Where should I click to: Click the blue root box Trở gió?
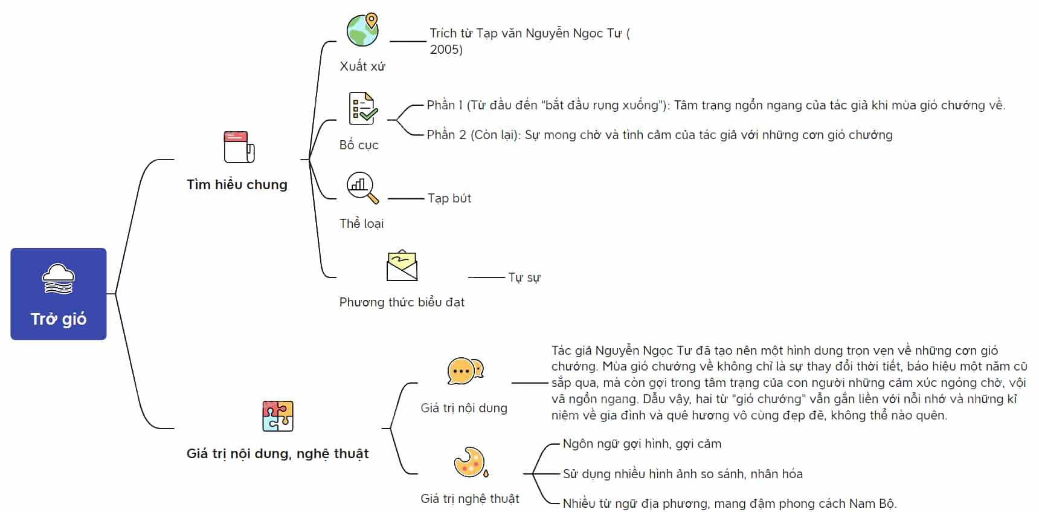(x=59, y=294)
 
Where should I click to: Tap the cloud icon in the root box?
(x=59, y=279)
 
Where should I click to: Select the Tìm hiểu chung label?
(x=237, y=184)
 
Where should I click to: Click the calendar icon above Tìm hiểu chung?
(x=239, y=147)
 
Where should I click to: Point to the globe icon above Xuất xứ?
(x=362, y=30)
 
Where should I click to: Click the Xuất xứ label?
(x=362, y=66)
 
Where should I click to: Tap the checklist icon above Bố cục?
(x=363, y=108)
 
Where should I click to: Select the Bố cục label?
(x=359, y=145)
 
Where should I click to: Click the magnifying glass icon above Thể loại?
(x=362, y=187)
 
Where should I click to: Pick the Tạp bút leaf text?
(x=449, y=198)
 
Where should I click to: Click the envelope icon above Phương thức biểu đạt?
(x=402, y=266)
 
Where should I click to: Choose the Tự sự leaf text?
(x=524, y=277)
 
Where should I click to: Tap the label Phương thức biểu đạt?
(x=402, y=302)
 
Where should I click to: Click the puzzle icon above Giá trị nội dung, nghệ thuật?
(x=278, y=416)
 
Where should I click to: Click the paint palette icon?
(x=471, y=462)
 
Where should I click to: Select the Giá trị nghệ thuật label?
(x=470, y=499)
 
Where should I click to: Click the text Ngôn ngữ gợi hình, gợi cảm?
(x=642, y=444)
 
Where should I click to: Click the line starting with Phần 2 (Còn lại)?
(x=660, y=135)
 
